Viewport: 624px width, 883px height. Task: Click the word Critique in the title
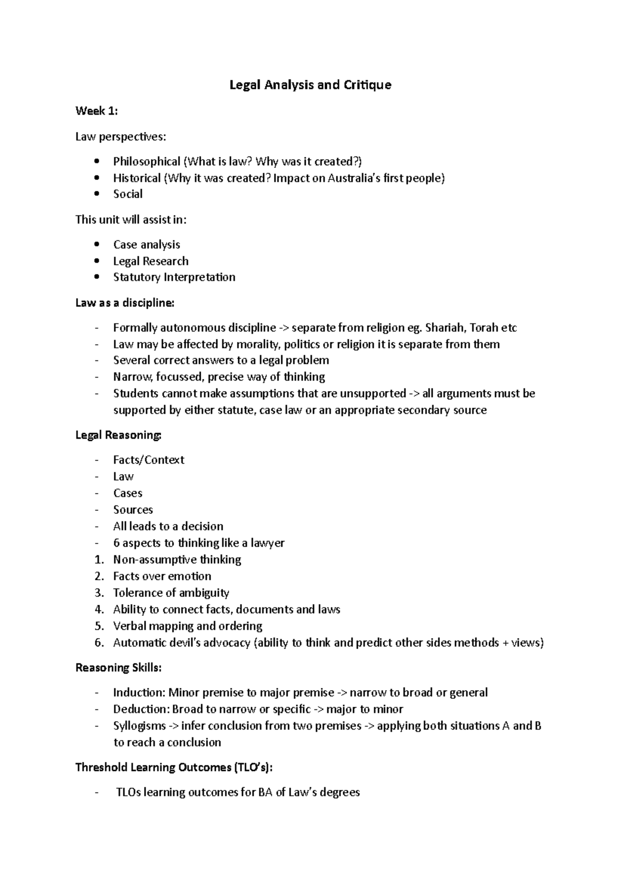pos(367,85)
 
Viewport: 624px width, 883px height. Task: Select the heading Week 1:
pos(97,111)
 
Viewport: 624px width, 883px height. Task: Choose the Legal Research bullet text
pos(151,261)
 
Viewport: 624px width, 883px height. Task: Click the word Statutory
pos(137,277)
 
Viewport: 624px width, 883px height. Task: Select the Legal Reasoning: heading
pos(119,435)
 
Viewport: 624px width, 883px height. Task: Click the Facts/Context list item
pos(149,460)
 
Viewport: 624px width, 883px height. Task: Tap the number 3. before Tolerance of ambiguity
pos(99,593)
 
